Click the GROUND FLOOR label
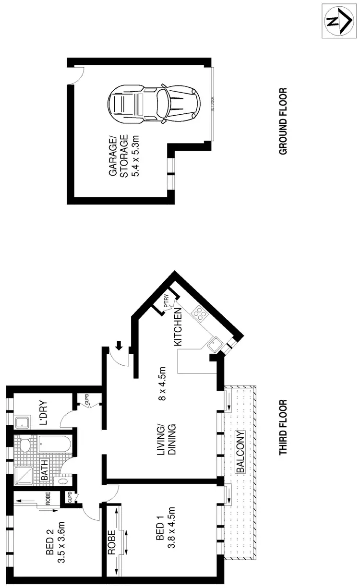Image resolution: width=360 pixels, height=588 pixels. [x=283, y=121]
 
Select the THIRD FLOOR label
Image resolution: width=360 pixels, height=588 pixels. [x=283, y=427]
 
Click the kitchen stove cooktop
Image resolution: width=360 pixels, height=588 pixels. [x=199, y=314]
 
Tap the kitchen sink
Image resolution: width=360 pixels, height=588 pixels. [x=215, y=343]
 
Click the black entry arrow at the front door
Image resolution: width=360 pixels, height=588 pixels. [x=119, y=344]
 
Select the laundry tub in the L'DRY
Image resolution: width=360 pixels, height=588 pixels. [x=22, y=422]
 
